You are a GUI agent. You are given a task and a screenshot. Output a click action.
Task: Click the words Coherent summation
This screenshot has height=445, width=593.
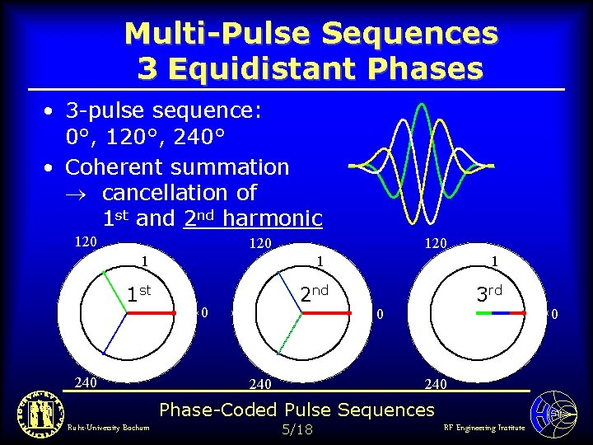click(177, 167)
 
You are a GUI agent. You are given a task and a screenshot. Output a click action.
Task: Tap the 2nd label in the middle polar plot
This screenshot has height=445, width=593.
click(314, 293)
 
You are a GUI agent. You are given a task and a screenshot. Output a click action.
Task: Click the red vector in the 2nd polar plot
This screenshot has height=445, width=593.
click(329, 314)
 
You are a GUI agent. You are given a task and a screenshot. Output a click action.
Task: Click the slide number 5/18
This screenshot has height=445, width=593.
click(296, 429)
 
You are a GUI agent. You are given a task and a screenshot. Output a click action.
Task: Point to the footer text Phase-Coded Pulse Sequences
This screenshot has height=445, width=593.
click(296, 410)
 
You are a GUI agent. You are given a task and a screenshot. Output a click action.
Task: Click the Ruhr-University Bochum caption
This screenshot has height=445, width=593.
click(98, 428)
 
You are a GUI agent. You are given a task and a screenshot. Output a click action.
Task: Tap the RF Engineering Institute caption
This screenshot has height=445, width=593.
click(483, 428)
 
